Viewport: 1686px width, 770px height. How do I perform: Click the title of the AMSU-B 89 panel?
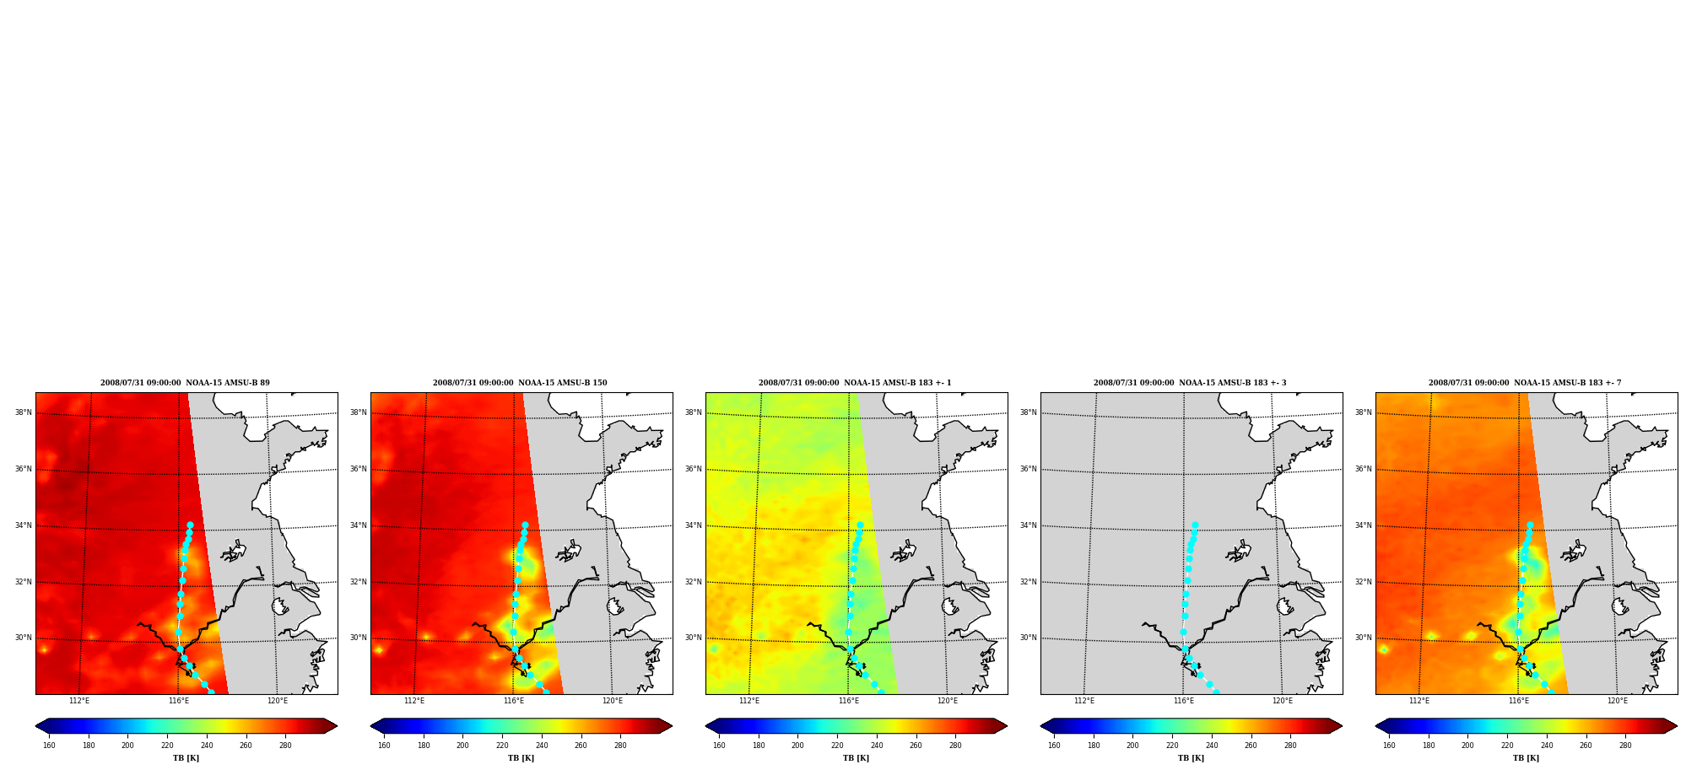point(185,383)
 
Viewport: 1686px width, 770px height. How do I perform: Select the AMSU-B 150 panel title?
point(520,383)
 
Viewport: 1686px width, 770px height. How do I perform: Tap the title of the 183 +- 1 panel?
point(855,383)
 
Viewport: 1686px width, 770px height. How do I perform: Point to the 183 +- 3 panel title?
point(1190,383)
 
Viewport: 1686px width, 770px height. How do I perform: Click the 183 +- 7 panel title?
point(1525,383)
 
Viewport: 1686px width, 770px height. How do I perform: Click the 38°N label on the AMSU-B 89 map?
point(24,412)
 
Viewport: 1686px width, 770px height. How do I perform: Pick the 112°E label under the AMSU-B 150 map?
point(414,701)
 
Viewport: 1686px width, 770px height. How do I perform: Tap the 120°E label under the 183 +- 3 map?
point(1283,701)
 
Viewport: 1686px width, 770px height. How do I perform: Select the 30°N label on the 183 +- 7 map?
point(1364,638)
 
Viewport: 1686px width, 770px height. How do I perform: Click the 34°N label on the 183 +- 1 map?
point(694,525)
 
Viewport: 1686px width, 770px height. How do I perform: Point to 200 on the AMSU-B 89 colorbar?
point(127,746)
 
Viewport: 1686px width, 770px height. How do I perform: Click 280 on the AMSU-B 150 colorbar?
point(620,746)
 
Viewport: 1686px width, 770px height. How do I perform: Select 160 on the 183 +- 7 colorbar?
point(1389,746)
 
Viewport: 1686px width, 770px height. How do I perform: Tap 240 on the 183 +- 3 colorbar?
point(1212,746)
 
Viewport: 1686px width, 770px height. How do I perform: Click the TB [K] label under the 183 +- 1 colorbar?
point(856,758)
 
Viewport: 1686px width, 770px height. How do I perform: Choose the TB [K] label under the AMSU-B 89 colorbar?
point(186,758)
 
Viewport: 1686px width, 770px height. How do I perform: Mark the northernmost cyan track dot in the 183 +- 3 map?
point(1195,525)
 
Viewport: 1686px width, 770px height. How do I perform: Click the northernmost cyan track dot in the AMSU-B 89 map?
point(190,525)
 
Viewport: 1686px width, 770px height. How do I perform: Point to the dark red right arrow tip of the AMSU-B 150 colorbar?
point(672,726)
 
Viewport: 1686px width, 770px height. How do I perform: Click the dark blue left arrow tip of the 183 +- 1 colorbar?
point(706,726)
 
